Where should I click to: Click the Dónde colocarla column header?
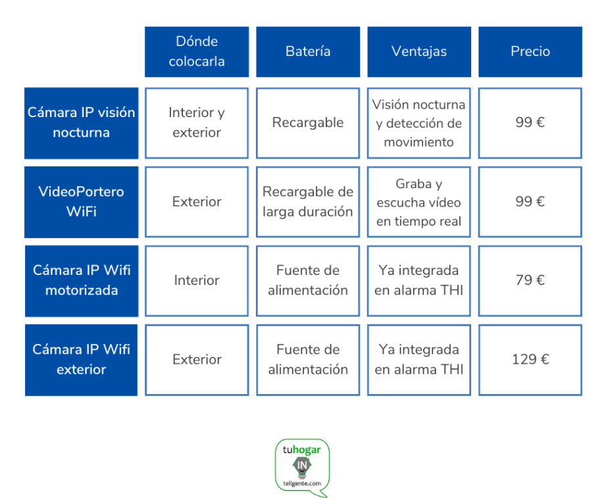[197, 52]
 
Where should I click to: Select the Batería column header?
[308, 52]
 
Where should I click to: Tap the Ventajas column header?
[419, 52]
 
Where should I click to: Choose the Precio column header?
[530, 52]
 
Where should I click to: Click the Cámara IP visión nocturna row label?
[81, 123]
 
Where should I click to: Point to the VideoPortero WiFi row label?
[81, 202]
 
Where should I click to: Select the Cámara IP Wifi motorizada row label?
[82, 281]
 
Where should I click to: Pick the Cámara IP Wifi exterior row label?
[81, 360]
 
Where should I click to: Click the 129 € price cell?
[530, 360]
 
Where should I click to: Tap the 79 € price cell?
[530, 281]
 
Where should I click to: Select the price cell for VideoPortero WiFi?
[530, 202]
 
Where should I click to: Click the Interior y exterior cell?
[197, 123]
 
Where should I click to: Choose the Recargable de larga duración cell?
[308, 202]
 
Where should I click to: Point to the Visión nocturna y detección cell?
[419, 123]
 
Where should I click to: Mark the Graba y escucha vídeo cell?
[419, 202]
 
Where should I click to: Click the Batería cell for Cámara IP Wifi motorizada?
[308, 281]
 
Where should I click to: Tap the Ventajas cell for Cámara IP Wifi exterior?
[419, 360]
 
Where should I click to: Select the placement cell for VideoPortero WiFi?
[197, 202]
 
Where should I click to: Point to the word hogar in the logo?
[307, 450]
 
